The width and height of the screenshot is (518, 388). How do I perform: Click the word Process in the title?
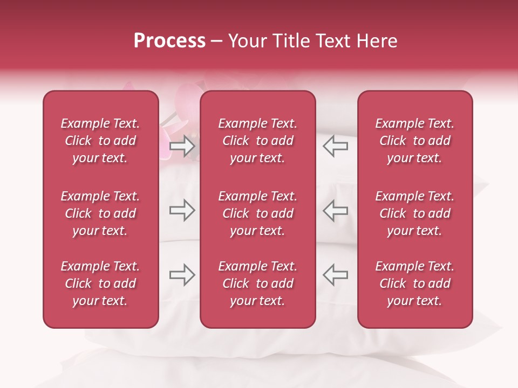169,41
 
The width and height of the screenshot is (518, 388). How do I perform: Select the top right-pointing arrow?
182,146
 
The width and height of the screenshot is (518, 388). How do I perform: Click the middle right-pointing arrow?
182,210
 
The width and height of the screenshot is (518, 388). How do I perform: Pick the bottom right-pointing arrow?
182,275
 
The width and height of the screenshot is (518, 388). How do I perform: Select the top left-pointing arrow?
336,146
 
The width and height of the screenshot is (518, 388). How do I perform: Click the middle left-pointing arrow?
336,210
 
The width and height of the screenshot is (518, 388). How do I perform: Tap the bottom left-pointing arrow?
336,275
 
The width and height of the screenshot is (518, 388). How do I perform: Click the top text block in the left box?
100,141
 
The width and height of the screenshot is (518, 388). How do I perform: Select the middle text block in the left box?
100,213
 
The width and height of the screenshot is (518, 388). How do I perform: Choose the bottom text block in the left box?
100,283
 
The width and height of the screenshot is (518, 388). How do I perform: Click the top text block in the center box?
258,141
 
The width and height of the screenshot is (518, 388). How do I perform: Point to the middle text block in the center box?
258,213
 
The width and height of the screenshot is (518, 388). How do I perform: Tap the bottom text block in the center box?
258,283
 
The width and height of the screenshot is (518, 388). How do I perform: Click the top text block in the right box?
415,141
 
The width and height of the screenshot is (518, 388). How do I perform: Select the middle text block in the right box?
415,213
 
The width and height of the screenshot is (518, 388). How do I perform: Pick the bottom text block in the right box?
415,283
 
